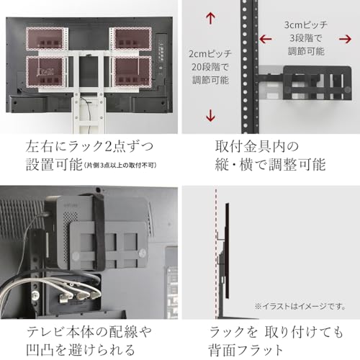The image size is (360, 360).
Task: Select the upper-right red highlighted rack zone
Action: pos(132,38)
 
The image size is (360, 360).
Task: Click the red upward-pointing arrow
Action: pos(210,19)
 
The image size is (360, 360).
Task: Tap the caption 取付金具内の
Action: pos(245,145)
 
